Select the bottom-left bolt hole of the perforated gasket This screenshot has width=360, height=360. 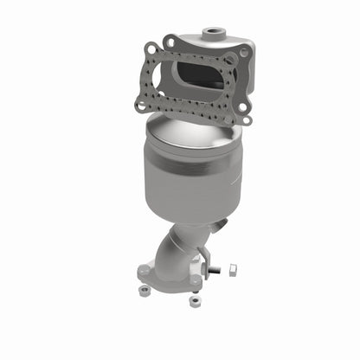click(x=140, y=106)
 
